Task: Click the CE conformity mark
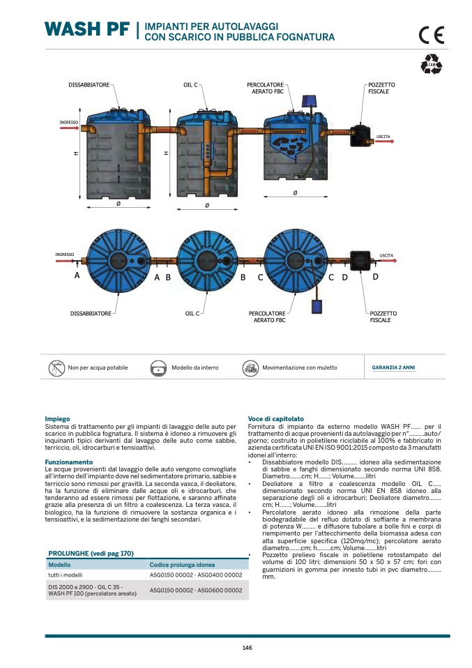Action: click(431, 36)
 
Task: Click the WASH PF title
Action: click(86, 29)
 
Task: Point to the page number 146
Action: click(247, 648)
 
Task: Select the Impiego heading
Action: click(57, 418)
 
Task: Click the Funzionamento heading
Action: click(69, 462)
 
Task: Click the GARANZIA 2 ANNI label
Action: click(393, 367)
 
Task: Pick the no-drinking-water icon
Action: click(56, 367)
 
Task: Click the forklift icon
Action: click(250, 367)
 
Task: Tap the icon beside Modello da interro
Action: click(158, 367)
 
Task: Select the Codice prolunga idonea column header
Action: click(182, 564)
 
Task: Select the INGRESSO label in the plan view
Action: click(65, 255)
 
